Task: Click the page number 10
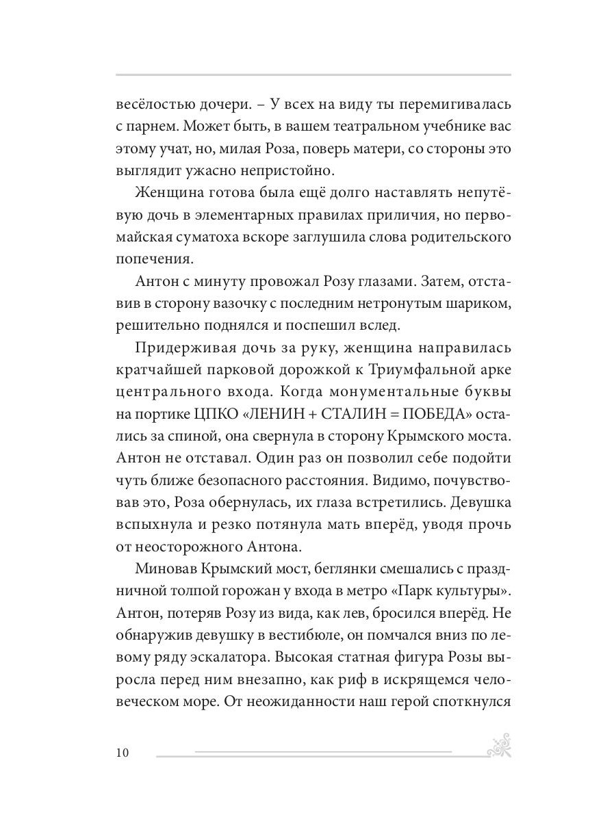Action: [122, 753]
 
